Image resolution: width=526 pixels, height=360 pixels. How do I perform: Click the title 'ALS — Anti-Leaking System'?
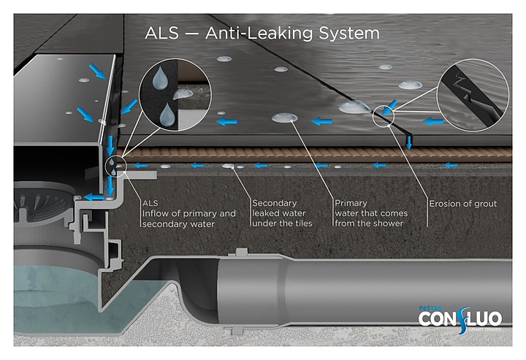pyautogui.click(x=262, y=34)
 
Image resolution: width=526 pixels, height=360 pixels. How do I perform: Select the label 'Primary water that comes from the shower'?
pyautogui.click(x=370, y=213)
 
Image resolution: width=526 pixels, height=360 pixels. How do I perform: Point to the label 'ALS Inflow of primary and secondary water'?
pyautogui.click(x=188, y=213)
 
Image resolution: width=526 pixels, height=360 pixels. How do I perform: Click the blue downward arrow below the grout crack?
pyautogui.click(x=410, y=142)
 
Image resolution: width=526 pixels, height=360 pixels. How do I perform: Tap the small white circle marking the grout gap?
pyautogui.click(x=383, y=115)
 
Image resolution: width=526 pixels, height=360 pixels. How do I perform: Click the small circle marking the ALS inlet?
pyautogui.click(x=116, y=166)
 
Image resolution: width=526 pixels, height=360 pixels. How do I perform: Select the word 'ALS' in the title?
pyautogui.click(x=161, y=34)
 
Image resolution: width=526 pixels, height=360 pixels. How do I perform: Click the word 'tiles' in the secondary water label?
pyautogui.click(x=303, y=223)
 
